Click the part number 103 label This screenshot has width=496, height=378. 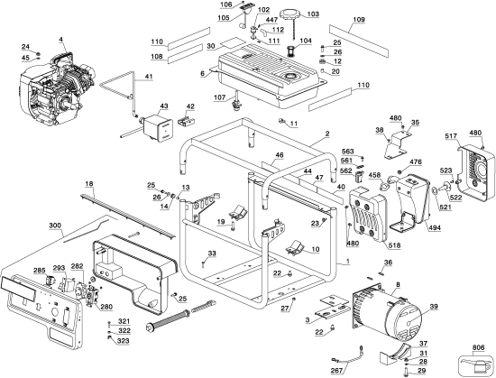[313, 14]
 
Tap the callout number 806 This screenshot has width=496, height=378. [478, 347]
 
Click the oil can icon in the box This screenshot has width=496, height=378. [476, 365]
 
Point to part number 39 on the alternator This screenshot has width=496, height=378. [434, 306]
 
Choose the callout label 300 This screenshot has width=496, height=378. [55, 226]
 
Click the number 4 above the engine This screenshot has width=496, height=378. [60, 40]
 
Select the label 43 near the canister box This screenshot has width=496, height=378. [164, 106]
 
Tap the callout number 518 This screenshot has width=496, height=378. [394, 245]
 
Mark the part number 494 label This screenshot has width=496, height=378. [435, 227]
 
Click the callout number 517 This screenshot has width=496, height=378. [451, 136]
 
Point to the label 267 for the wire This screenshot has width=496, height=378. [336, 371]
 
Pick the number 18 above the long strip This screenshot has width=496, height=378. [89, 184]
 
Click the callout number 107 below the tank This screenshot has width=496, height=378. [220, 97]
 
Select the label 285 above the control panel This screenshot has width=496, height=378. [40, 270]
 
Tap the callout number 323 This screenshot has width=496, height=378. [124, 341]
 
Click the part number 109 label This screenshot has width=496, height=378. [359, 20]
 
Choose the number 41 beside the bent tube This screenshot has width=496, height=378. [149, 77]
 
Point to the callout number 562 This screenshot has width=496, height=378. [346, 171]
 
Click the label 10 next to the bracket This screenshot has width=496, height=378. [316, 249]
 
